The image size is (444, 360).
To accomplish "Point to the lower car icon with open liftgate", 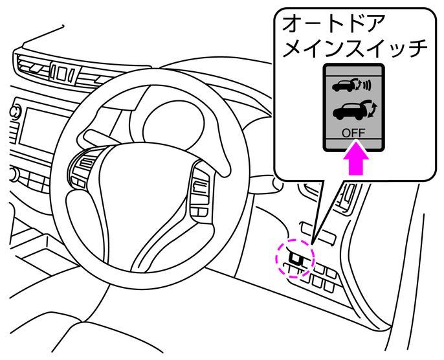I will click(x=348, y=113).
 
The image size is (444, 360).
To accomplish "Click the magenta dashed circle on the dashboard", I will click(x=295, y=260).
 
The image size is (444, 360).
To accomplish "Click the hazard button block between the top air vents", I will click(x=62, y=73).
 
